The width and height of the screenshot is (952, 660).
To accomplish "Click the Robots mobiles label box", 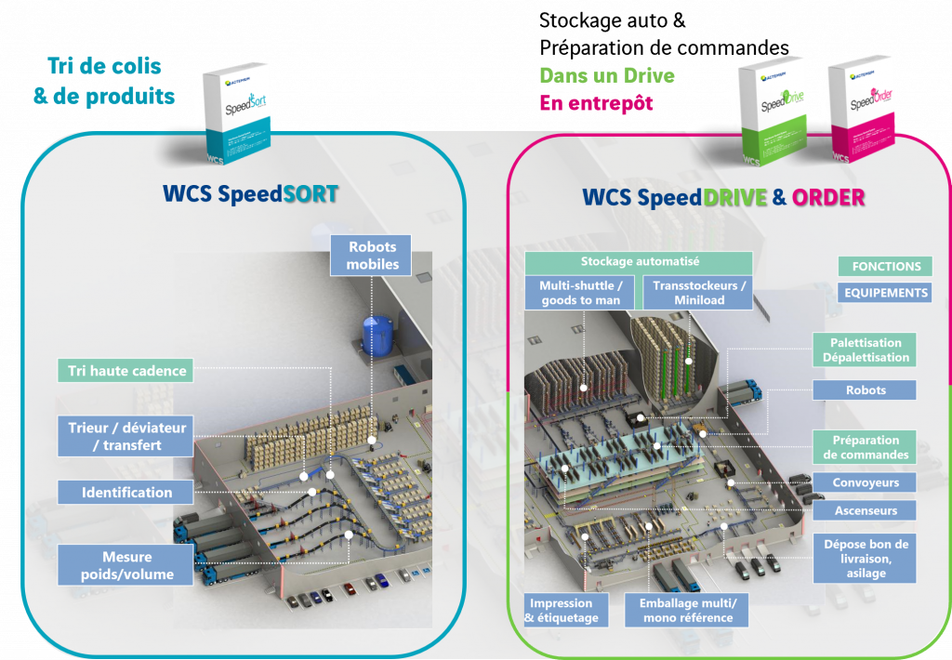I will coord(374,256).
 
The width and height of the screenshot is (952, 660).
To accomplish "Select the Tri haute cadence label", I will coord(127,371).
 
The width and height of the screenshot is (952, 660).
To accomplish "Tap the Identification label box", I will coord(126,493).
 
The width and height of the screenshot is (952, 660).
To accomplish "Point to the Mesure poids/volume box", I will coord(126,565).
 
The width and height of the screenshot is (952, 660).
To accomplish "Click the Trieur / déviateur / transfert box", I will coord(126,436).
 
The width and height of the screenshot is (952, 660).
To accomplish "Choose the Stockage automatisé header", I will coord(640,262).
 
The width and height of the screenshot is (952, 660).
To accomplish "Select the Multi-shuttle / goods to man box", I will coord(581,293).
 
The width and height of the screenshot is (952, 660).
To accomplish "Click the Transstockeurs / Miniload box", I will coord(699,293).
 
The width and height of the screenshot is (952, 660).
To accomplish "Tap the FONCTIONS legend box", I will coord(886,266).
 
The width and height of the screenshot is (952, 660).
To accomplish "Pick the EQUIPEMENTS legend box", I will coord(886,293).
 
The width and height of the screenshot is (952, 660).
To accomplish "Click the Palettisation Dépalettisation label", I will coord(865,350).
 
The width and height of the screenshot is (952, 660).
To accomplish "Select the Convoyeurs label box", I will coord(865,482).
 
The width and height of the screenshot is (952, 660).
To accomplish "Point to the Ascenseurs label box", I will coord(865,510).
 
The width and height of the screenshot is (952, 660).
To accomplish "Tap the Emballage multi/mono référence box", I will coord(687,610).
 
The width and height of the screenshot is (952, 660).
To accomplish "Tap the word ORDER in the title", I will coord(828,197).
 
